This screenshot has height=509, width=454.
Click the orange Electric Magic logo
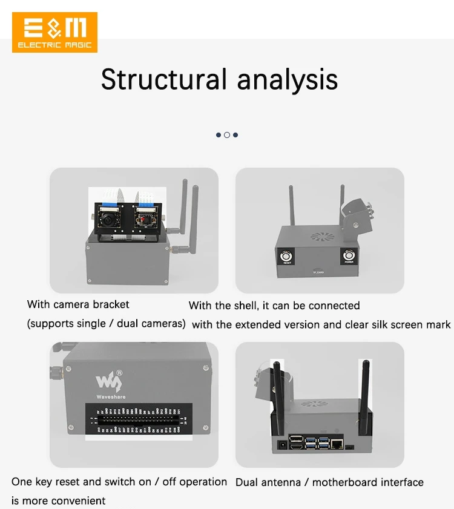pos(54,32)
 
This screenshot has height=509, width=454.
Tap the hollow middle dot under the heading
pos(227,135)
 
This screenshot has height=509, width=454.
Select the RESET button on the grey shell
pos(287,257)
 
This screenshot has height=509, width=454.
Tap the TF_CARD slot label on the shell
pos(319,273)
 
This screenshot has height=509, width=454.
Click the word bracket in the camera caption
pos(111,304)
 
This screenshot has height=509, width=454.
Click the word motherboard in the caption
pos(345,482)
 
